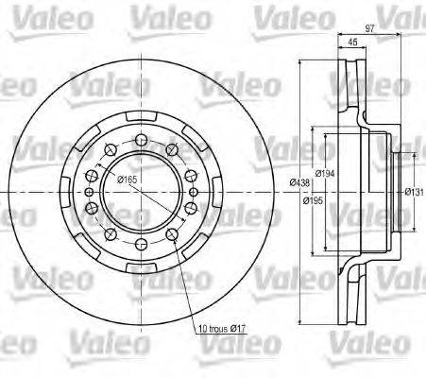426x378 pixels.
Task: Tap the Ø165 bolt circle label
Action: pyautogui.click(x=127, y=180)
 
